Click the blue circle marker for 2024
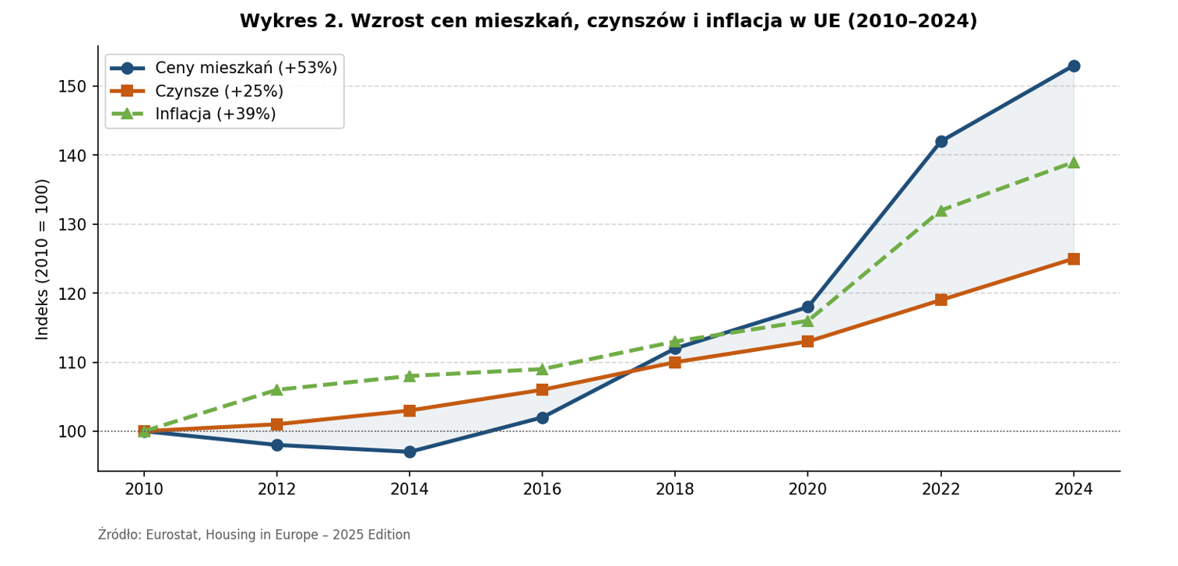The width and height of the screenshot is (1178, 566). point(1074,66)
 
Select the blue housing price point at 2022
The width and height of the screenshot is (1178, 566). point(941,142)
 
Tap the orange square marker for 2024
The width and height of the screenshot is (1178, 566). point(1074,259)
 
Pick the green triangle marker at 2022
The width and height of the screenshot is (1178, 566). point(941,210)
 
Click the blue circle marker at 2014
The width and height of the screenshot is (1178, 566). point(410,452)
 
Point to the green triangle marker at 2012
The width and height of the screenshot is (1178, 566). point(277,389)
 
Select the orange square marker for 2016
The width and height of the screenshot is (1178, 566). point(542,390)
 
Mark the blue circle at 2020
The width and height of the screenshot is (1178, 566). point(807,307)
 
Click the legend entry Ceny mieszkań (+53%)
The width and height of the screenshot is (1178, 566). point(245,69)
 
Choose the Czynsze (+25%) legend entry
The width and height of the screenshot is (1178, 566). point(219,91)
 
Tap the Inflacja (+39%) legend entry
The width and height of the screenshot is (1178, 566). point(215,114)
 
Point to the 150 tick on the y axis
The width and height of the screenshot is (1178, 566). point(72,86)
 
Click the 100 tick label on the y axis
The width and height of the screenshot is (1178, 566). point(72,431)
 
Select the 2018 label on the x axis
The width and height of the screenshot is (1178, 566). point(674,490)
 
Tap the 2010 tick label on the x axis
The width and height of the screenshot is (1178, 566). point(144,490)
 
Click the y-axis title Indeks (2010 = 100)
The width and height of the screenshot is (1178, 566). point(43,258)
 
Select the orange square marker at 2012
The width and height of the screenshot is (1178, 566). point(277,424)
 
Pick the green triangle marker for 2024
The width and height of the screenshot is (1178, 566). point(1074,162)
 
